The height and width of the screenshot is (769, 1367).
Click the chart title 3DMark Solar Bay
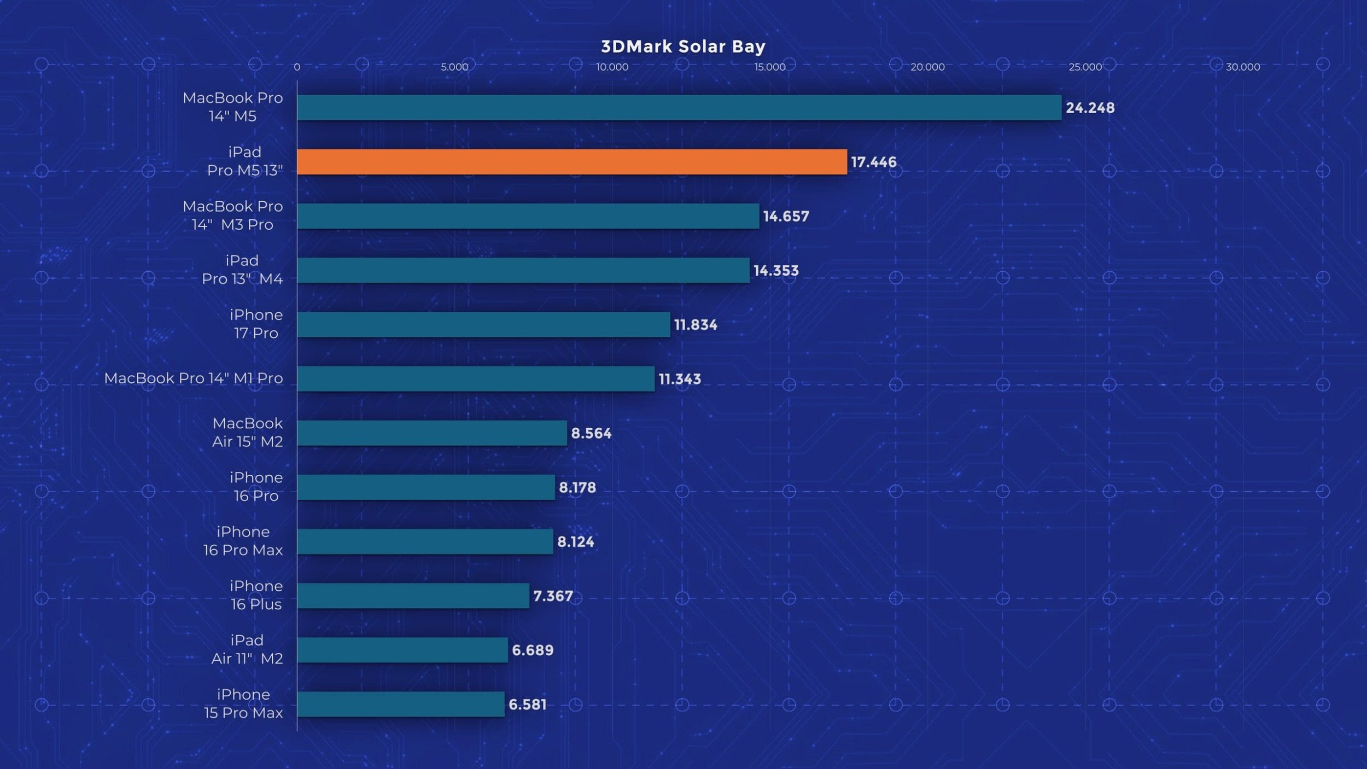point(683,46)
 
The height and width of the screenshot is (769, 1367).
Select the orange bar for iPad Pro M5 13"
point(572,162)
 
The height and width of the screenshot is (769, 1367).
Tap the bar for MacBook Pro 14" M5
point(679,108)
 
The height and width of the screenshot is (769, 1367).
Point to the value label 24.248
point(1090,108)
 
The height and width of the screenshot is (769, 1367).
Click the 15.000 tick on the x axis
point(770,67)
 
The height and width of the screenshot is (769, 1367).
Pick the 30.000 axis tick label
point(1243,67)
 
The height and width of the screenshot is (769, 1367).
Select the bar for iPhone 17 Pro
point(483,324)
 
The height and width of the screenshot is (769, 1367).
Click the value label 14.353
point(776,270)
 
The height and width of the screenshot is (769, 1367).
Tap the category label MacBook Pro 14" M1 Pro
point(194,378)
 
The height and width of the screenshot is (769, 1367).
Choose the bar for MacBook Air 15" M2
point(432,433)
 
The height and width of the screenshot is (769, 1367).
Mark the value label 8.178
point(577,487)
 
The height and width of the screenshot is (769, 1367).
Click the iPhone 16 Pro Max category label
point(243,540)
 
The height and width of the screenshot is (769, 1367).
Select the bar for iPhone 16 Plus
point(413,596)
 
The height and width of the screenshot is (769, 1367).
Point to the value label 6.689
point(533,650)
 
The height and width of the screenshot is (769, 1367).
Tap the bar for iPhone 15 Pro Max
point(401,704)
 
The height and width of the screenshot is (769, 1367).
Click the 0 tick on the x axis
point(297,67)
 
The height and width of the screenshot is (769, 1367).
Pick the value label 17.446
point(874,162)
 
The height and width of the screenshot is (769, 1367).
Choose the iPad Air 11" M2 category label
point(247,649)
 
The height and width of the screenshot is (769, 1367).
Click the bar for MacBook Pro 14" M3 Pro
point(528,216)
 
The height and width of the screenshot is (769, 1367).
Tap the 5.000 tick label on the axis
point(454,67)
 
